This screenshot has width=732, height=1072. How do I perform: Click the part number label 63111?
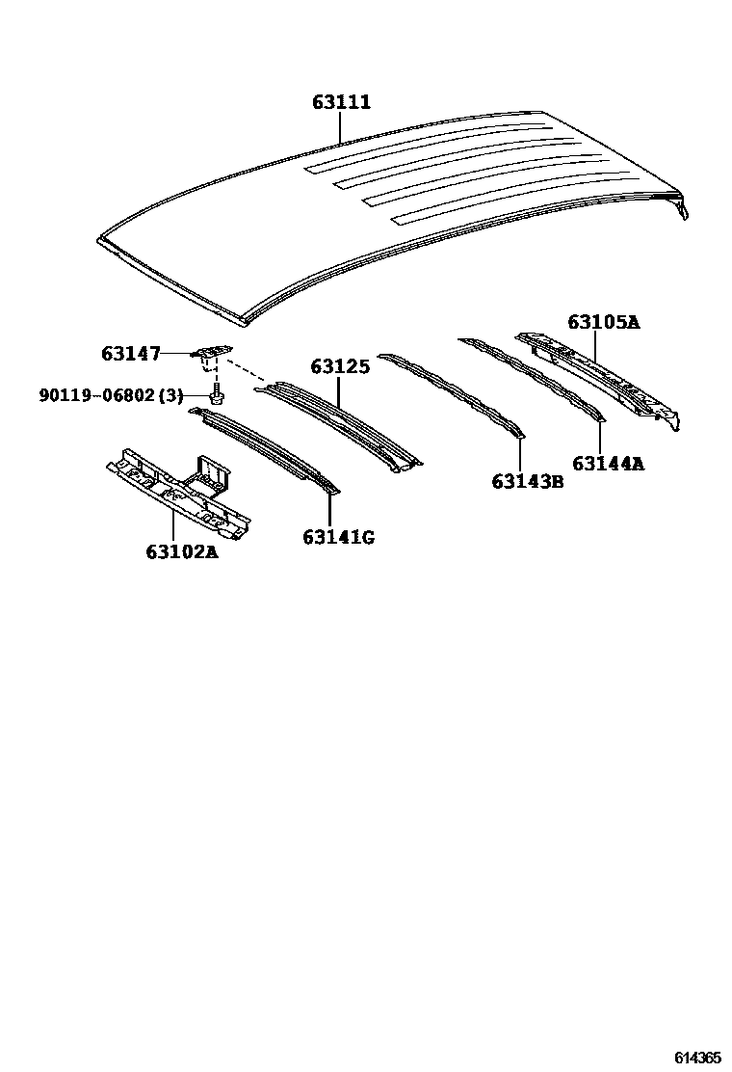pyautogui.click(x=341, y=102)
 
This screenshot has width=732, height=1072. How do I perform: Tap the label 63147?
pyautogui.click(x=131, y=354)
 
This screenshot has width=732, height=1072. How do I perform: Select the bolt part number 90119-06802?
pyautogui.click(x=96, y=395)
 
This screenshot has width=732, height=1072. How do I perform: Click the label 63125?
pyautogui.click(x=340, y=367)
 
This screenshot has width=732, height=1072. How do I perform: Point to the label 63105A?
pyautogui.click(x=603, y=322)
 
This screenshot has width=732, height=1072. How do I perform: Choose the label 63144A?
pyautogui.click(x=608, y=464)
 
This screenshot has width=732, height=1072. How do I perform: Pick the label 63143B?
pyautogui.click(x=528, y=481)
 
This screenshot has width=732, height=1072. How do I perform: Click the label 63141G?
pyautogui.click(x=338, y=537)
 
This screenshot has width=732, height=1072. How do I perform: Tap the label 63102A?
pyautogui.click(x=182, y=552)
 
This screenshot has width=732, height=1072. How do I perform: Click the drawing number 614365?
pyautogui.click(x=697, y=1058)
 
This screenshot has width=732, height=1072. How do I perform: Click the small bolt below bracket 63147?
pyautogui.click(x=219, y=394)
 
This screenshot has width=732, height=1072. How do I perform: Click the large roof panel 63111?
pyautogui.click(x=385, y=212)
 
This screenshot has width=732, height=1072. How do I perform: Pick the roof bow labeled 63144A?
pyautogui.click(x=535, y=376)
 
